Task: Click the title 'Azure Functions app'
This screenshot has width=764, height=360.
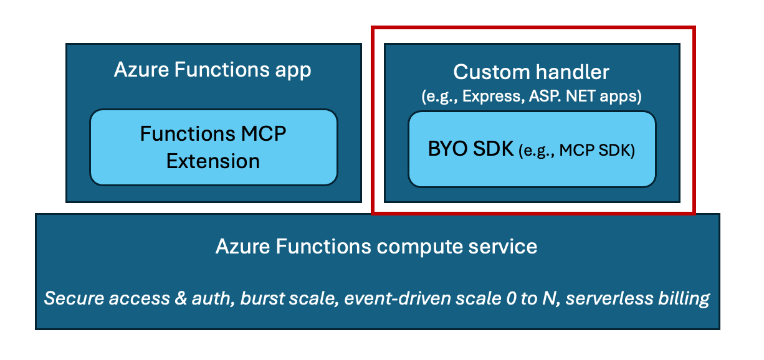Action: click(x=212, y=70)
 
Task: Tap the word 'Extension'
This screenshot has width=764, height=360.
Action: click(x=213, y=161)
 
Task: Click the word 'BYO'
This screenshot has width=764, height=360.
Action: click(x=449, y=149)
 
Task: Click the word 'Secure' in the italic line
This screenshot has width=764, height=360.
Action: click(x=74, y=298)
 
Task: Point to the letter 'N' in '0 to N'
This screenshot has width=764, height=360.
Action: click(x=550, y=298)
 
